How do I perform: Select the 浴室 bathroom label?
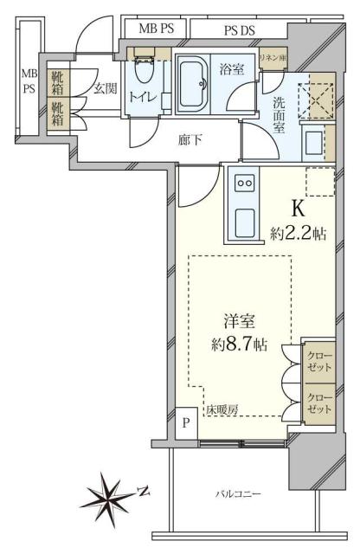[231, 67]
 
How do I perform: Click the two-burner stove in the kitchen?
[245, 184]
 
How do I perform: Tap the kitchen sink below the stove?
[245, 224]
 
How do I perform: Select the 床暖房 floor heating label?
[222, 409]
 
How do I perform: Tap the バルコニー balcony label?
[238, 493]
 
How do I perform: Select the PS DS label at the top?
[240, 29]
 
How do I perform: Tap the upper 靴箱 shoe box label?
[58, 84]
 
